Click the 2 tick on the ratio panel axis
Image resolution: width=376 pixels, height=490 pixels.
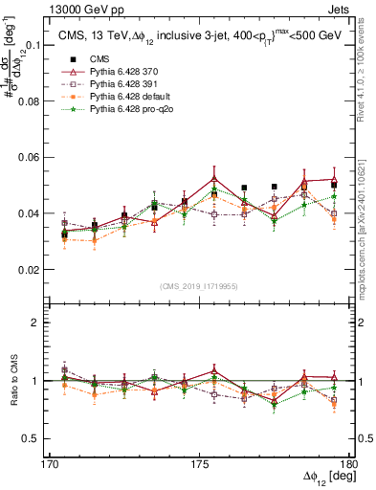coord(48,323)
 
